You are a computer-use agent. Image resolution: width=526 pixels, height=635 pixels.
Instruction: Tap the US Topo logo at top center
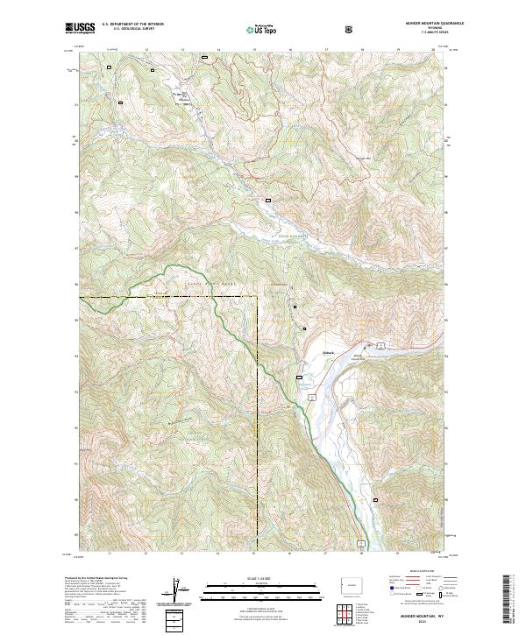263,29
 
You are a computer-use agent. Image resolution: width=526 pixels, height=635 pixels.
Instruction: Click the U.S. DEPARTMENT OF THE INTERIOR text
132,25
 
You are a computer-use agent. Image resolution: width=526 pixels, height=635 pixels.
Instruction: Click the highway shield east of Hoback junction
381,344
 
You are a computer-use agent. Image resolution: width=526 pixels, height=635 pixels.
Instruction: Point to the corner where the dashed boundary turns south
258,298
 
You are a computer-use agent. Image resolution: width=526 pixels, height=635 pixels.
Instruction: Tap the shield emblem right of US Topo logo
350,29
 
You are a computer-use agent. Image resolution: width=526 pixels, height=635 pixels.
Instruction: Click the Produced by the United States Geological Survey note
96,579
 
